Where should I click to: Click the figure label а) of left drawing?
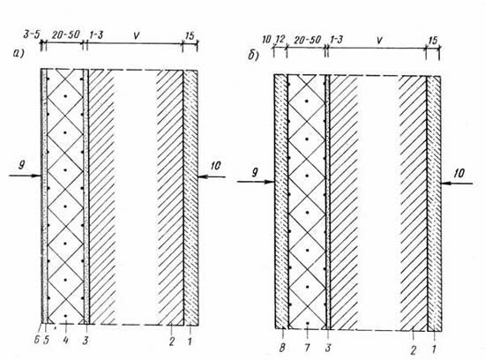click(19, 54)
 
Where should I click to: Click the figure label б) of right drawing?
click(253, 56)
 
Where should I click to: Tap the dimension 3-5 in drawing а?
click(32, 34)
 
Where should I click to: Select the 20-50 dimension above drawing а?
click(66, 34)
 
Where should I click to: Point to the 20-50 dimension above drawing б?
click(308, 40)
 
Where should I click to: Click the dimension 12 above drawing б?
click(280, 40)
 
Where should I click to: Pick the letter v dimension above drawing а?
click(136, 35)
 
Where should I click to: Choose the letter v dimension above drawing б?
click(379, 40)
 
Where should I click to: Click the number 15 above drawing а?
click(190, 35)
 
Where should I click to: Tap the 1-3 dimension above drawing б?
click(336, 40)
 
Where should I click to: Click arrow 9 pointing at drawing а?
click(25, 176)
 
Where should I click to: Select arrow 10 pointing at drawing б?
click(457, 184)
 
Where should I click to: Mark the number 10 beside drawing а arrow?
click(215, 166)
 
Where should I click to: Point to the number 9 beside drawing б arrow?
click(255, 172)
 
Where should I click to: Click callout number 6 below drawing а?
click(36, 340)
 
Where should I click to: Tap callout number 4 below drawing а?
click(65, 341)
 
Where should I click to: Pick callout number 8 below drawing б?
click(282, 348)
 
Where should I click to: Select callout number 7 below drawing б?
click(307, 348)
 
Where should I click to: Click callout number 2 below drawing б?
click(414, 350)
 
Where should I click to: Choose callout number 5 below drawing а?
click(46, 340)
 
